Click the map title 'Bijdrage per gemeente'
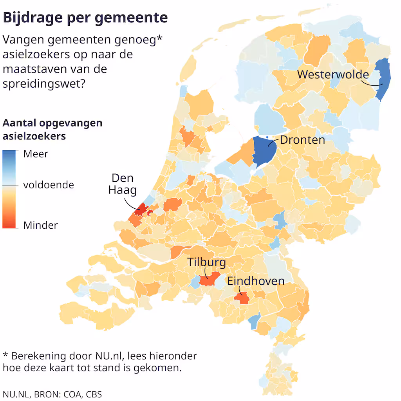coord(85,18)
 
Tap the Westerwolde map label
coord(333,74)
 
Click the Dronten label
coord(302,140)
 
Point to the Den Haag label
coord(123,184)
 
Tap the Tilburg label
coord(206,262)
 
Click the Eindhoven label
coord(256,281)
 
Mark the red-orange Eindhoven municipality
coord(242,298)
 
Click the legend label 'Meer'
coord(36,154)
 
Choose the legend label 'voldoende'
coord(49,185)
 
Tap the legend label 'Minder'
coord(40,225)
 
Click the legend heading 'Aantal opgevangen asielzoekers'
coord(52,130)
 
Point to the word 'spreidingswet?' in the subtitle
coord(44,84)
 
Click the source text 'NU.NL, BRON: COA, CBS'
coord(52,394)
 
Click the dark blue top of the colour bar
coord(9,154)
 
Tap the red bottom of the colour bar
coord(9,224)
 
